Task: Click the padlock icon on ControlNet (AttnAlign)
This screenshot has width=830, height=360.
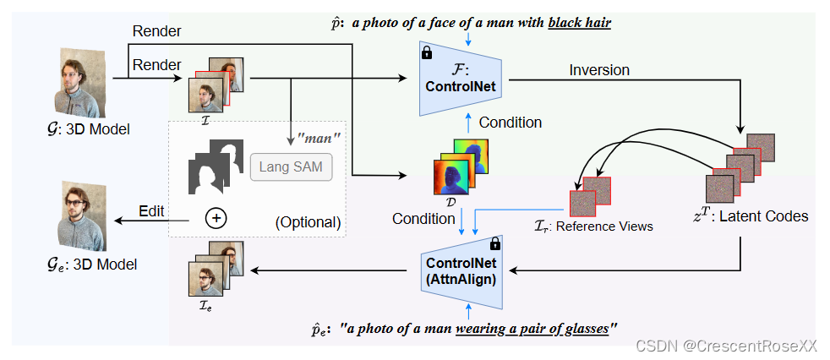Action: coord(495,243)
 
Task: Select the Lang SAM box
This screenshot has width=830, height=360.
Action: coord(291,167)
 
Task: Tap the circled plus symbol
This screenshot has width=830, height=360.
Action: coord(217,218)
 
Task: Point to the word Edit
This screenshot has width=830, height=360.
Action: coord(152,210)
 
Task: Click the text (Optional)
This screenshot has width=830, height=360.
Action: coord(307,223)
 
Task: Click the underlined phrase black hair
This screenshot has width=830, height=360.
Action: coord(579,23)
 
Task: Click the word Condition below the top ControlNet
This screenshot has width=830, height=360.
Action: coord(510,123)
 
